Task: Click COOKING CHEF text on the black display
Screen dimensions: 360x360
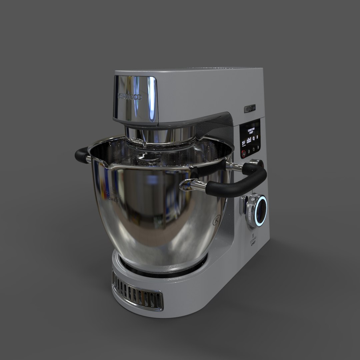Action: (251, 130)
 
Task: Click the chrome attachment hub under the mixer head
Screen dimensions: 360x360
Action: (160, 135)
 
